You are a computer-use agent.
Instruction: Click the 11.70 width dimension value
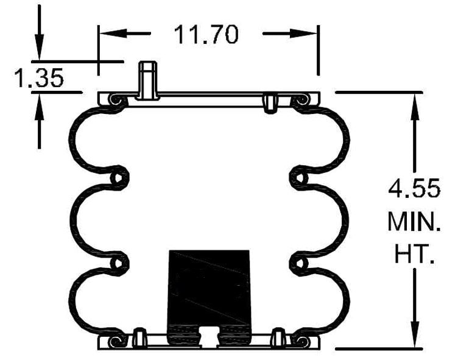click(x=206, y=34)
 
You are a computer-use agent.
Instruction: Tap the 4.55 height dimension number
click(x=414, y=188)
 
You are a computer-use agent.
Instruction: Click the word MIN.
click(x=414, y=222)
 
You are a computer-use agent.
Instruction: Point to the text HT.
click(x=414, y=255)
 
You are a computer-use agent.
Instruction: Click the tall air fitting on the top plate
click(x=146, y=79)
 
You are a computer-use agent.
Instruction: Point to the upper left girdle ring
click(x=119, y=177)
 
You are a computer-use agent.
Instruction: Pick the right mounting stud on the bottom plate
click(x=278, y=336)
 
